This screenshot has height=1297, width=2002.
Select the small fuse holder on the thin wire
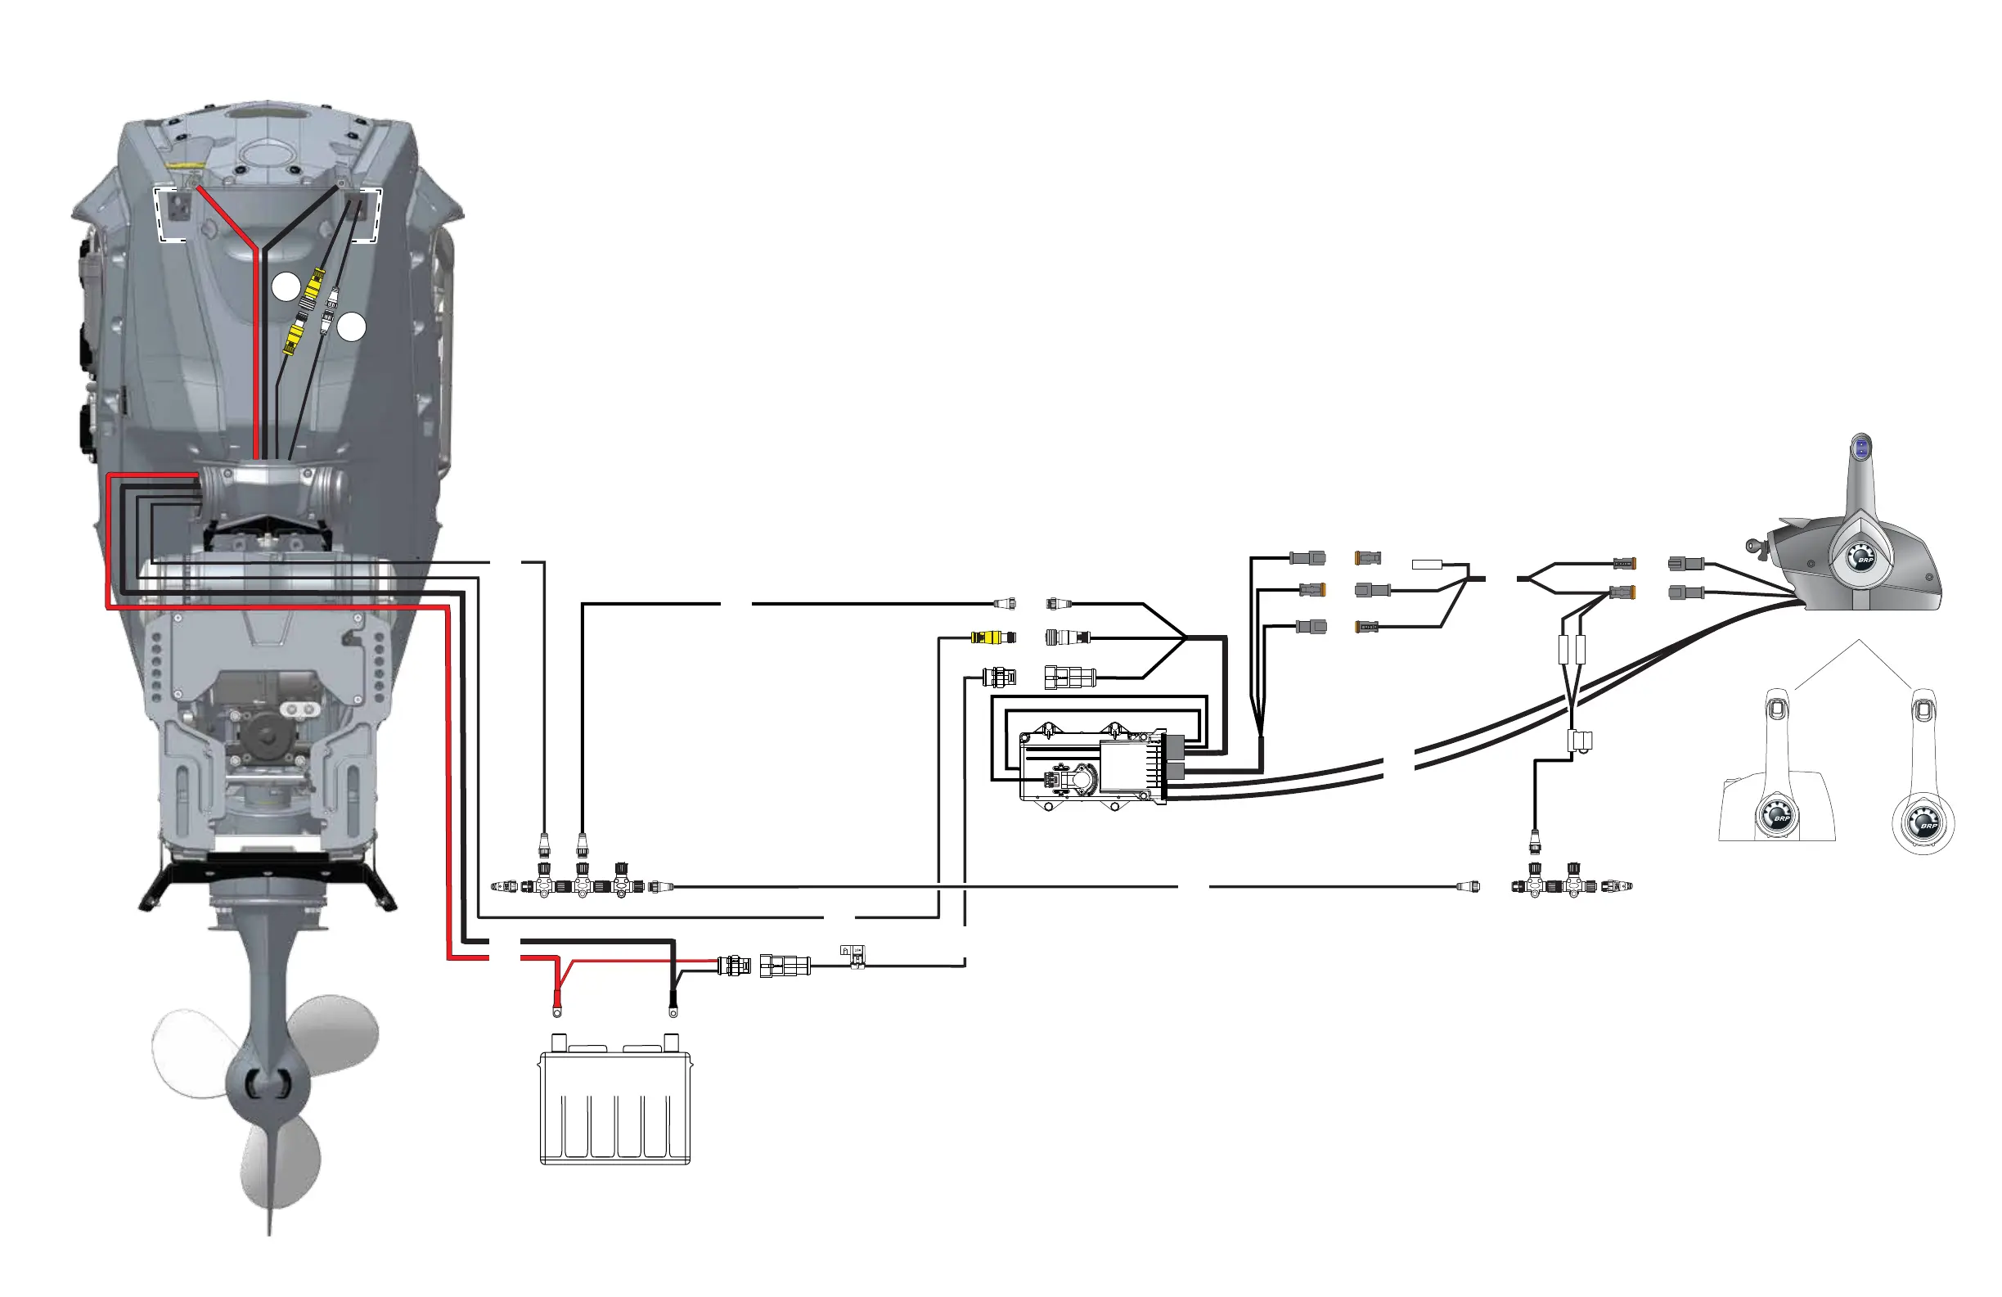(x=855, y=957)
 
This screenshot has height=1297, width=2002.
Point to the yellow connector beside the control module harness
(x=991, y=637)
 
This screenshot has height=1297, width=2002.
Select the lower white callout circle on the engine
(x=352, y=327)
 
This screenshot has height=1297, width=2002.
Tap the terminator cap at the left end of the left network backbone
(x=502, y=886)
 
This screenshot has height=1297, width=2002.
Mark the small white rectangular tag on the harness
(x=1428, y=565)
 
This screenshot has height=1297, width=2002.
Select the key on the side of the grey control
(x=1754, y=546)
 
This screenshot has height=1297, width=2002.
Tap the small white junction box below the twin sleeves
(x=1580, y=741)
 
